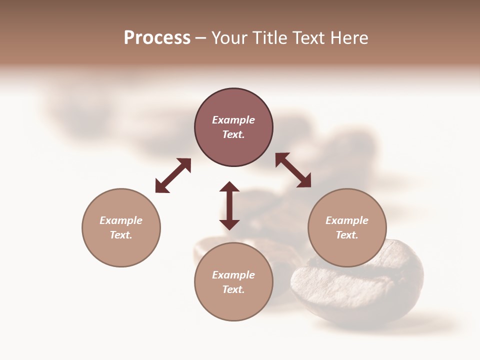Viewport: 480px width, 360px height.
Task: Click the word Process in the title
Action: (157, 38)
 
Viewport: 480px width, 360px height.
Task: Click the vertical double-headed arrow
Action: (229, 205)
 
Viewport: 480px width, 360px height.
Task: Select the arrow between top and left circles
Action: (173, 175)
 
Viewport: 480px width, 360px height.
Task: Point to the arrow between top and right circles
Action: (293, 170)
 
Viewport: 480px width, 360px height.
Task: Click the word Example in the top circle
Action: (233, 120)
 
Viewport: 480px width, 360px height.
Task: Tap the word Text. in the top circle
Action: (233, 134)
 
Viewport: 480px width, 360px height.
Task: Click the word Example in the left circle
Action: (121, 220)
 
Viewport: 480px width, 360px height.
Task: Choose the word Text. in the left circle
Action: (121, 235)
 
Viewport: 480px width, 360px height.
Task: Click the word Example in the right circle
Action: (347, 220)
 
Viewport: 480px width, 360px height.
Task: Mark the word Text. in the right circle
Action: (347, 235)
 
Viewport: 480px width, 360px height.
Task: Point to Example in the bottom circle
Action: (233, 275)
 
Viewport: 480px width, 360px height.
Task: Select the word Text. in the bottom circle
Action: (233, 289)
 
